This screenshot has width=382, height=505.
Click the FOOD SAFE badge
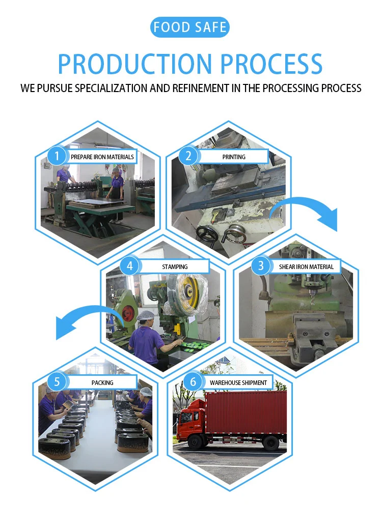(189, 27)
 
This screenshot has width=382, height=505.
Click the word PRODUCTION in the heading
(134, 64)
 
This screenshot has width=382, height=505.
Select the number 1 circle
(57, 156)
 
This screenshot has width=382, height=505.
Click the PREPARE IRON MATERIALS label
(102, 157)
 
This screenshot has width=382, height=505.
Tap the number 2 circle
(188, 156)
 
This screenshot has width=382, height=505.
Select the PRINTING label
(234, 157)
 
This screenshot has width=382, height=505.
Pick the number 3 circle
(261, 266)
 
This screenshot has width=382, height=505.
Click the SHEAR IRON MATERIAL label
(306, 266)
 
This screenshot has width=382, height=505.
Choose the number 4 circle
(129, 266)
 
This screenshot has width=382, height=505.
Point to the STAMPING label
(175, 266)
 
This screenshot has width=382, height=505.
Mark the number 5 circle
(57, 382)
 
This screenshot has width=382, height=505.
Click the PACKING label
(102, 382)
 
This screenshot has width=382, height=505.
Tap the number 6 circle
(193, 382)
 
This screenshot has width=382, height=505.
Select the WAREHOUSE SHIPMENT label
(238, 382)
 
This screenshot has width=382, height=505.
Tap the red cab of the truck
(190, 420)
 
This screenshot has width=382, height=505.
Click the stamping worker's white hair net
(145, 316)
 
